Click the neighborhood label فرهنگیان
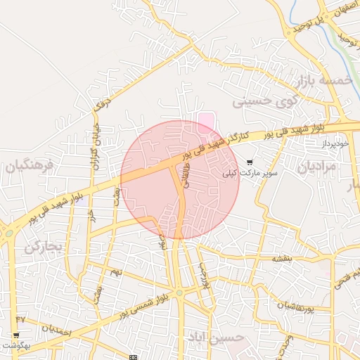coord(30,167)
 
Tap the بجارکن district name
coord(44,247)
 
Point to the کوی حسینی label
coord(264,102)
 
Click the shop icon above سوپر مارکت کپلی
coord(250,162)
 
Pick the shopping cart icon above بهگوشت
coord(16,335)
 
